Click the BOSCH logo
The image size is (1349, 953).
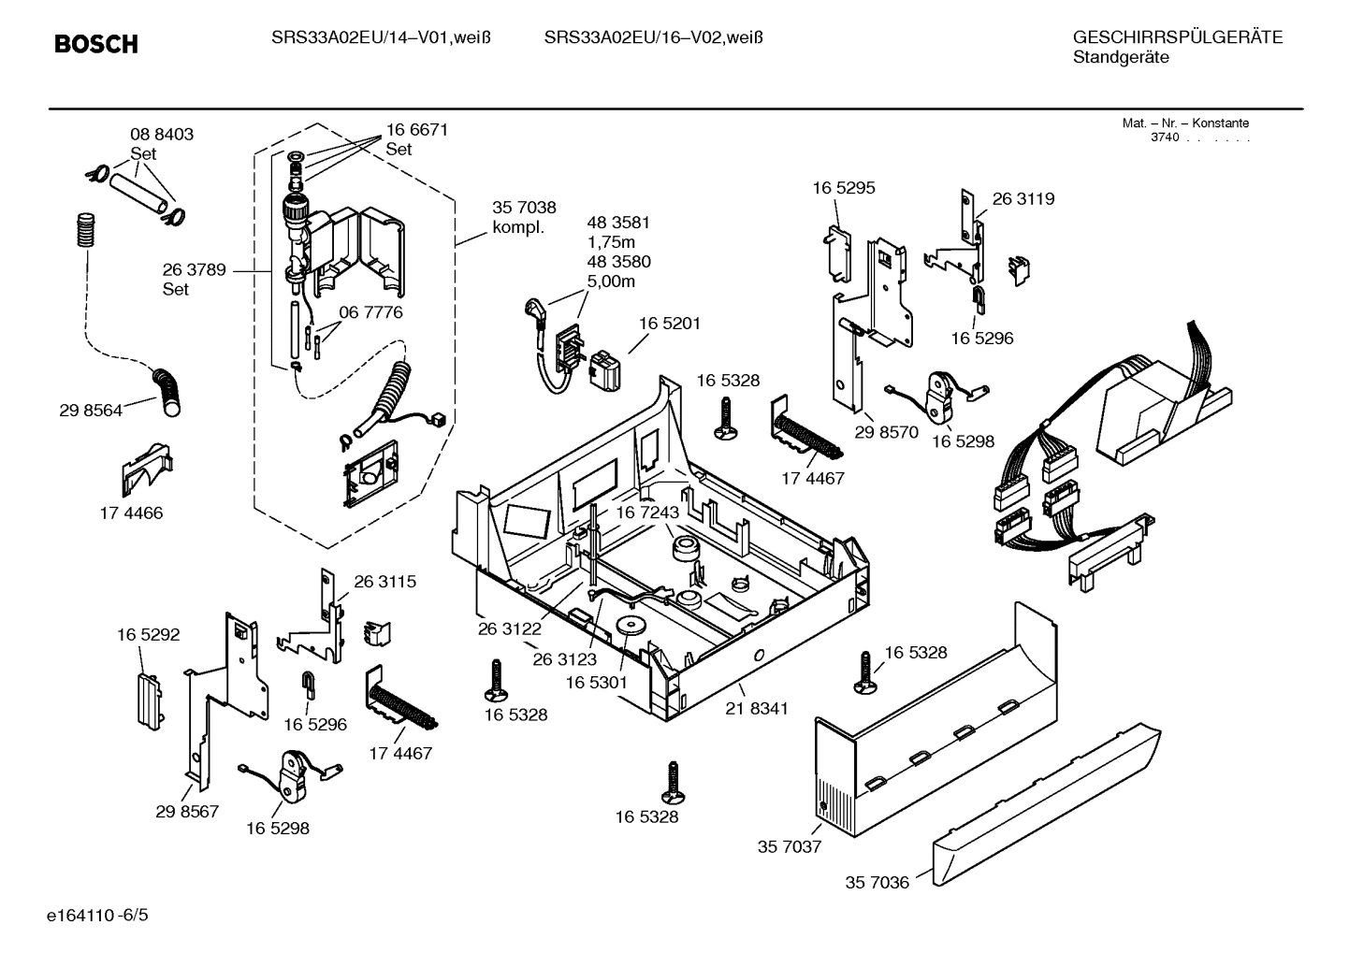[x=95, y=44]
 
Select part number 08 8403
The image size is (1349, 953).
[x=162, y=135]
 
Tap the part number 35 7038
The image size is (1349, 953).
[x=524, y=209]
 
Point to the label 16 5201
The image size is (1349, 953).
[x=670, y=324]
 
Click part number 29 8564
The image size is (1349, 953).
[x=91, y=411]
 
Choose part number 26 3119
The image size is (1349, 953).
[x=1023, y=199]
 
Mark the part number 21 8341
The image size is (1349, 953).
[x=756, y=709]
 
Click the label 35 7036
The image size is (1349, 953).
[x=877, y=883]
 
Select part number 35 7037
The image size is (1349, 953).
[x=789, y=847]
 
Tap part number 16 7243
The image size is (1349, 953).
[x=647, y=513]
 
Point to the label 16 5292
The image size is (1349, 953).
[x=148, y=635]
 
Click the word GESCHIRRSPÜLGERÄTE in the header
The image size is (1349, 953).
[x=1177, y=38]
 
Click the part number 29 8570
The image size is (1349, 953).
[x=886, y=432]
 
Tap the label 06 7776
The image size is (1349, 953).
[x=370, y=312]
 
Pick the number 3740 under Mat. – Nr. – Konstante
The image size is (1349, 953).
[x=1165, y=137]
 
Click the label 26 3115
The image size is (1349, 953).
[x=384, y=582]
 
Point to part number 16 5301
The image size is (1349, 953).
[x=596, y=684]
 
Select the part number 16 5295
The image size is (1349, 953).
[x=843, y=188]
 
